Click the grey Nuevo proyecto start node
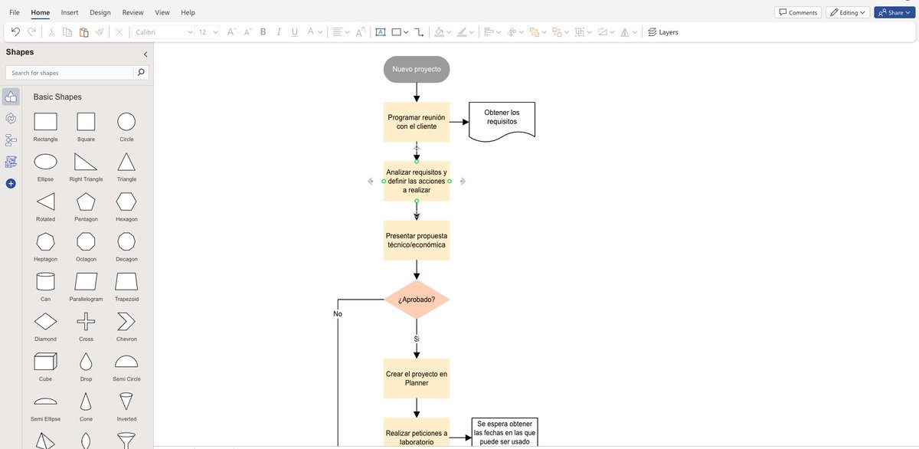point(417,69)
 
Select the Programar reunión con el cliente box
point(417,122)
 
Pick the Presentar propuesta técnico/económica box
point(417,240)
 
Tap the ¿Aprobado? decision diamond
point(417,300)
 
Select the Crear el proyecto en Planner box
point(417,378)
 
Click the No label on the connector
point(338,313)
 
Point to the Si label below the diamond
point(417,339)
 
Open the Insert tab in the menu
point(70,12)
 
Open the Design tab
point(100,12)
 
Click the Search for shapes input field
point(69,73)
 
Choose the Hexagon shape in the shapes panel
point(126,202)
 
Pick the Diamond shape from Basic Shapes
point(46,321)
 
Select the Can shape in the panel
point(46,281)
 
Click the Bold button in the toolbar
point(263,32)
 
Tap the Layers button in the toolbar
point(662,32)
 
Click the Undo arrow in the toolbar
point(15,32)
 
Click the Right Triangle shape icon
point(86,162)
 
